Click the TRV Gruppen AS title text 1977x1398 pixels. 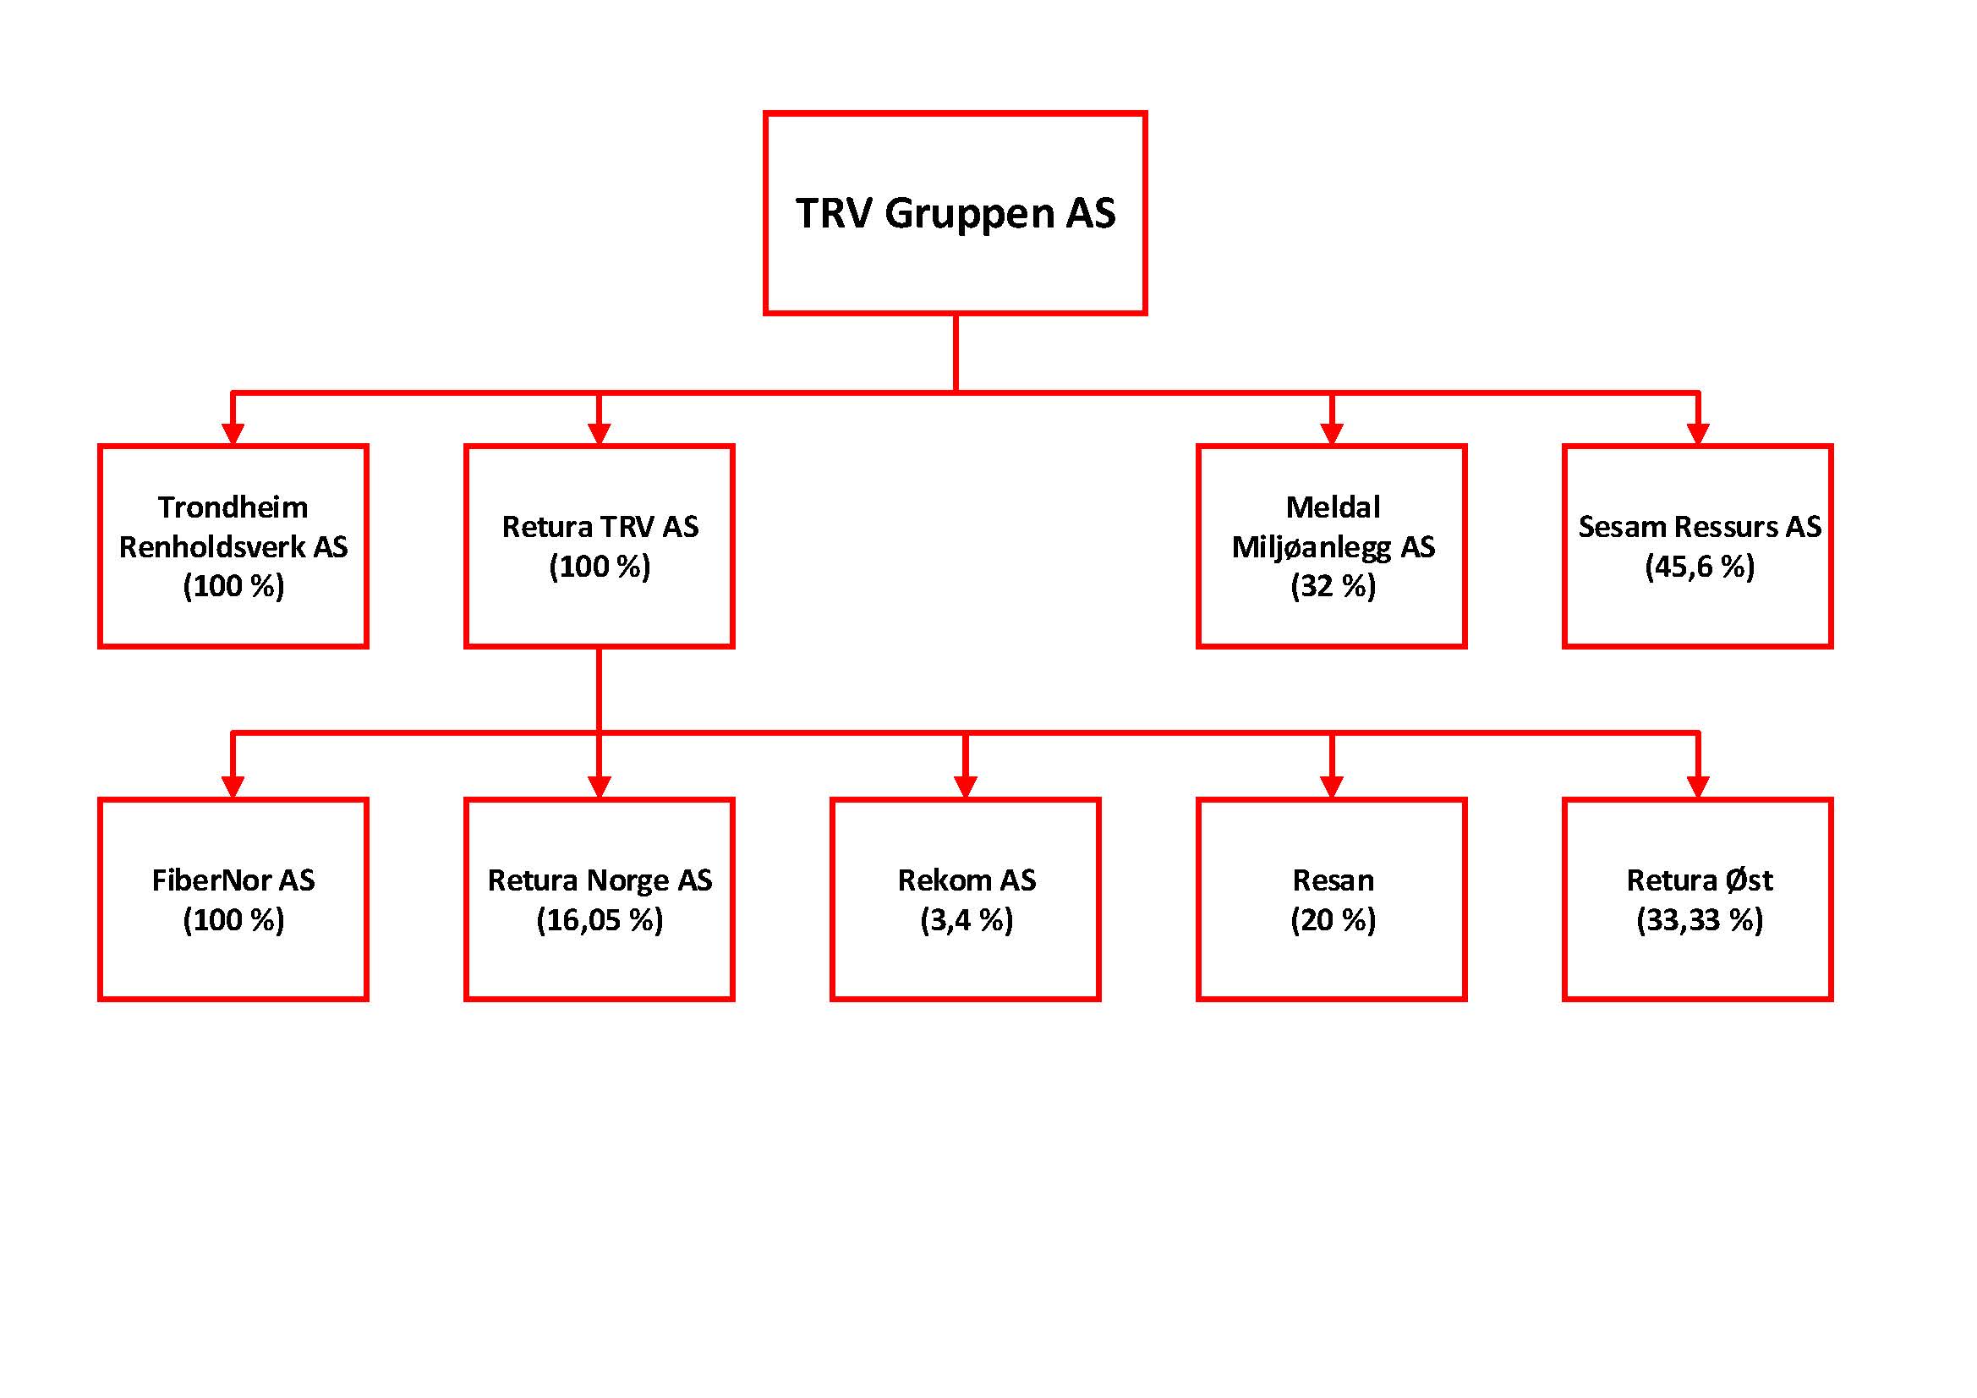point(955,213)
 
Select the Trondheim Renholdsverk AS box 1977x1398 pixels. point(233,546)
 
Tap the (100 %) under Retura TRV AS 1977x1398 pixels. point(600,567)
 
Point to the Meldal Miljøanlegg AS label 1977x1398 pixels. point(1333,527)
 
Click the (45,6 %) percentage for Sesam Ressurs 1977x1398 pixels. point(1699,567)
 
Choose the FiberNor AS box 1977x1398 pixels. point(233,899)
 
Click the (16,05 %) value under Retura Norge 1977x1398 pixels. point(600,920)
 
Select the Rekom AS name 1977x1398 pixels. point(967,880)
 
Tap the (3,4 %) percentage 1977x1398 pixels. point(967,920)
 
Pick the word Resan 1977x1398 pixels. point(1333,880)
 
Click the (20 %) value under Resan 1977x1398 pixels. point(1333,920)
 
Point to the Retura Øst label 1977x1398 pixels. point(1699,880)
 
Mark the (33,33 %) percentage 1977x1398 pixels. point(1699,920)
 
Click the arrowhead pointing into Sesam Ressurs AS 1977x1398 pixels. point(1698,433)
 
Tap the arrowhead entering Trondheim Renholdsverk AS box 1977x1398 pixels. point(233,433)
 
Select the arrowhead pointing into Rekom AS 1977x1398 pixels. point(966,787)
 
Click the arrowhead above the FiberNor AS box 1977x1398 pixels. point(233,787)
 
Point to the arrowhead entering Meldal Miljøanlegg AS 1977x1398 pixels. point(1332,433)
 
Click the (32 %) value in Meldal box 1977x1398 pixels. point(1333,587)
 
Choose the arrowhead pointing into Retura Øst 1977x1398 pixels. point(1698,787)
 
